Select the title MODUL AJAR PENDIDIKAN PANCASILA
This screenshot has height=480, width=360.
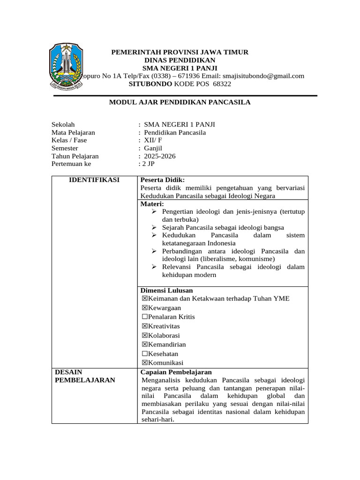[180, 102]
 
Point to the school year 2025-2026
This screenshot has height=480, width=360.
[160, 156]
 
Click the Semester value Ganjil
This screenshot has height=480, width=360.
[153, 148]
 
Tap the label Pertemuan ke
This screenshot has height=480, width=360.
[71, 164]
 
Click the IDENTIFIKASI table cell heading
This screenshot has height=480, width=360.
[94, 180]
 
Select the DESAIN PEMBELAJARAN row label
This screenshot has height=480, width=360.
[85, 376]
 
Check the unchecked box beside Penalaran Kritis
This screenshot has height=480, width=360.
[144, 317]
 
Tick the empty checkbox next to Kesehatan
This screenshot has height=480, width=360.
[144, 354]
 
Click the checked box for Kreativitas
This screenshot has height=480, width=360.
[144, 326]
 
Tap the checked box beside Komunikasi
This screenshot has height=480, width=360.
[144, 363]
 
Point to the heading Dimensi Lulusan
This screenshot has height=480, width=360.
[166, 291]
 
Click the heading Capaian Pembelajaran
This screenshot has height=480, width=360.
[176, 372]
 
